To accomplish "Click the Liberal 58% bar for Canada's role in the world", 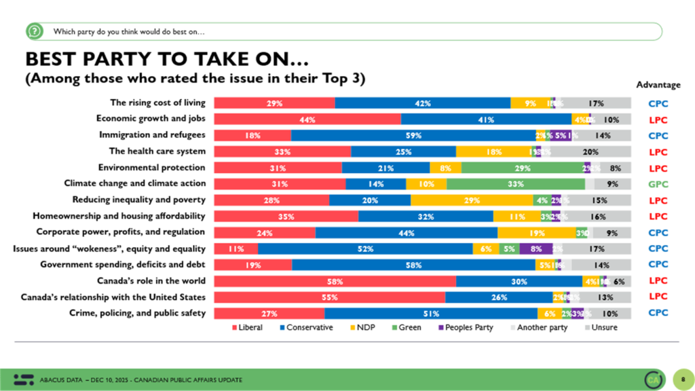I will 335,281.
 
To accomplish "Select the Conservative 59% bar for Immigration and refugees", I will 413,135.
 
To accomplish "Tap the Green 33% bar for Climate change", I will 516,184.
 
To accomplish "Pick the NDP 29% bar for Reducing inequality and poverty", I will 472,200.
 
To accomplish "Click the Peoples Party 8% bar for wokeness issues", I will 536,248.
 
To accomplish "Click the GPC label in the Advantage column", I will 658,184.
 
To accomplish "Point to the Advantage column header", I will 658,85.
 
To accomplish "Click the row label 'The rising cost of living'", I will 157,103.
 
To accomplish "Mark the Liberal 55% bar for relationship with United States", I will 329,297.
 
